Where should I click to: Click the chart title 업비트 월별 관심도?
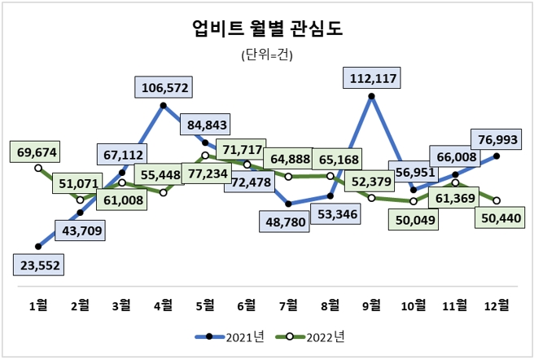coord(267,29)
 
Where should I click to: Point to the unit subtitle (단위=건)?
coord(267,56)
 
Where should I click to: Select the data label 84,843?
coord(205,125)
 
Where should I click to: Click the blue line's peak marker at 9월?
coord(371,97)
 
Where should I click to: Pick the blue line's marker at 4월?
coord(164,106)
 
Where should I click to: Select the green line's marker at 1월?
coord(38,168)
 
